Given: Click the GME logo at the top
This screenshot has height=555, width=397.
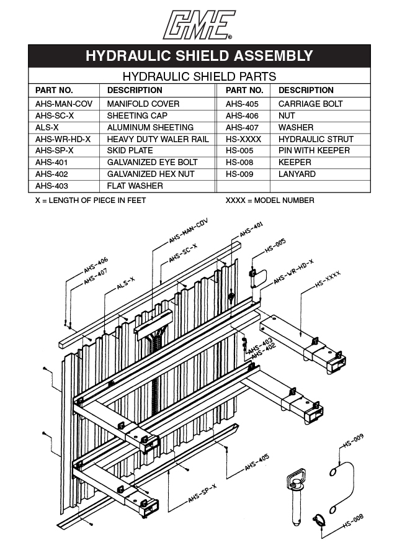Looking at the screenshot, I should pos(198,25).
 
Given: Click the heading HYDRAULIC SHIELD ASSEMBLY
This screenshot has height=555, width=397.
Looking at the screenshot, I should pos(198,56).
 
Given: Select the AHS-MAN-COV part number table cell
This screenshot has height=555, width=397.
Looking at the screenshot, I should pos(63,104).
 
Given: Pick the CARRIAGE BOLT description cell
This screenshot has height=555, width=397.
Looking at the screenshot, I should pos(310,104).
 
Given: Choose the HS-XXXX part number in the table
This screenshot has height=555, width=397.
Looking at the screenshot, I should pos(243,139).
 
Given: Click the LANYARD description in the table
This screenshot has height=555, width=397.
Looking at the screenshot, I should pos(297,174).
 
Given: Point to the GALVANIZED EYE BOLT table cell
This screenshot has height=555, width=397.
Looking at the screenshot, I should pos(152,163).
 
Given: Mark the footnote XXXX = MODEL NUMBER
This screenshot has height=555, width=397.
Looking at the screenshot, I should pos(270,201).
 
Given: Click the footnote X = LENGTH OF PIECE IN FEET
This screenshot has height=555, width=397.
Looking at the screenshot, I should pos(91,201).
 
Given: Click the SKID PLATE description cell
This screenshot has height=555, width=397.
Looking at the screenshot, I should pos(129,151).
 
